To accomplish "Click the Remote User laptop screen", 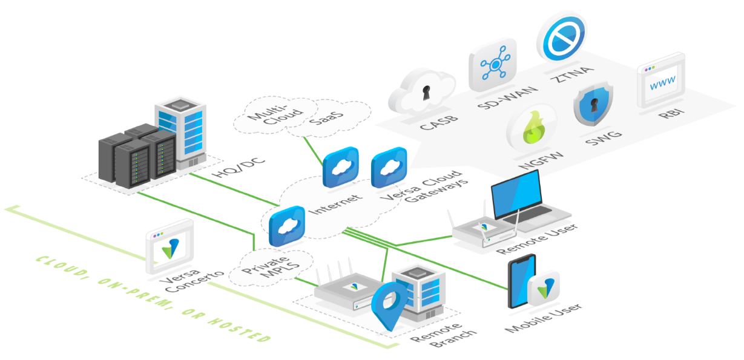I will [x=518, y=192].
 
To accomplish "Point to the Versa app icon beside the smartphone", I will [x=543, y=288].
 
